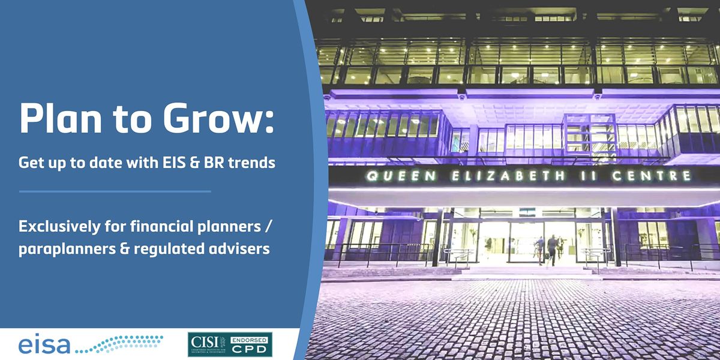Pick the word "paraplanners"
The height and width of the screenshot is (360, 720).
click(x=59, y=248)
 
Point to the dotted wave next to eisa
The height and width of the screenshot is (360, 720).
click(x=120, y=343)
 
